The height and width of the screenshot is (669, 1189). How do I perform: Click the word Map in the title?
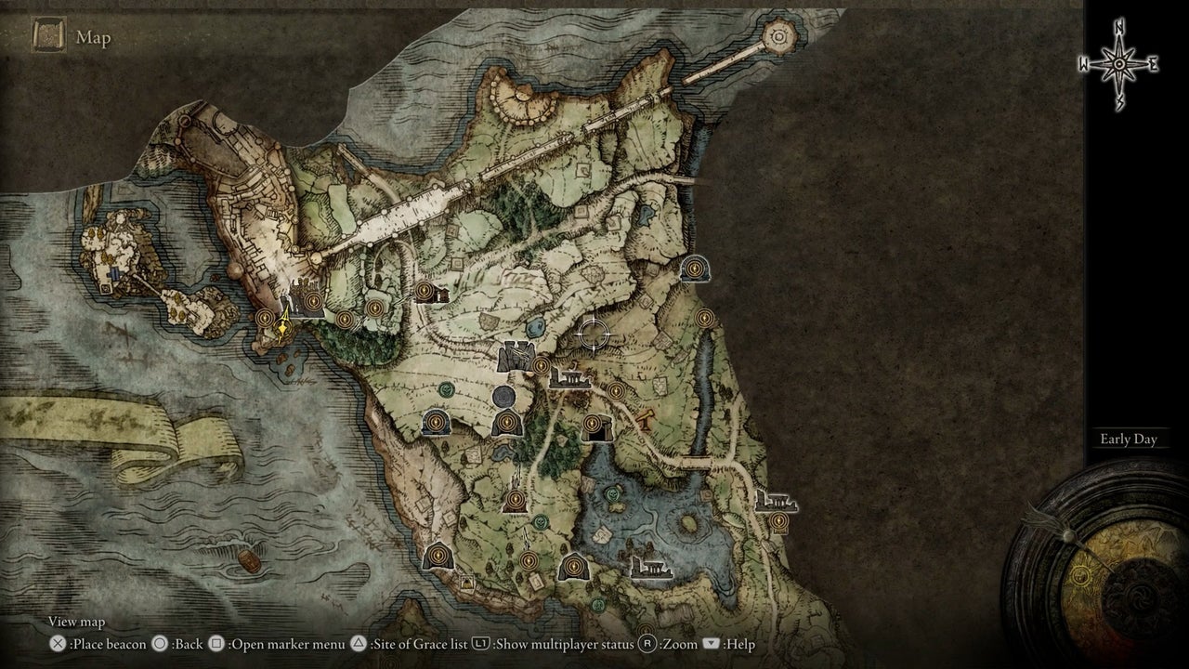click(94, 37)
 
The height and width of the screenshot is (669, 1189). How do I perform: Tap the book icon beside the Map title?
click(47, 36)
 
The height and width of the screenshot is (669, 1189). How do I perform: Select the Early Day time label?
click(1128, 439)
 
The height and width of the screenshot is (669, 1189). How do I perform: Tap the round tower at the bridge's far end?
click(779, 37)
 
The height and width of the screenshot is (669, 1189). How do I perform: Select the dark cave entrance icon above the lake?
click(594, 427)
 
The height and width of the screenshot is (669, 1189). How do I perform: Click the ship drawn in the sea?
click(249, 559)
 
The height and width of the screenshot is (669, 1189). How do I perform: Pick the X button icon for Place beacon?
click(59, 644)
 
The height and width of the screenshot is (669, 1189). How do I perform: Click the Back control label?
click(187, 644)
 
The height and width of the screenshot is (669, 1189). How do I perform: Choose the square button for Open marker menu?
click(216, 644)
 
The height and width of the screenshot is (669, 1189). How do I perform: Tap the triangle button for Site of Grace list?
click(358, 644)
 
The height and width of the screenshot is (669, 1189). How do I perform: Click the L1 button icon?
click(482, 644)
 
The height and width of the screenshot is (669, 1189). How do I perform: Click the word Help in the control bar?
click(739, 644)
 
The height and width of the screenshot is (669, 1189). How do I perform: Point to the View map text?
click(76, 622)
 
